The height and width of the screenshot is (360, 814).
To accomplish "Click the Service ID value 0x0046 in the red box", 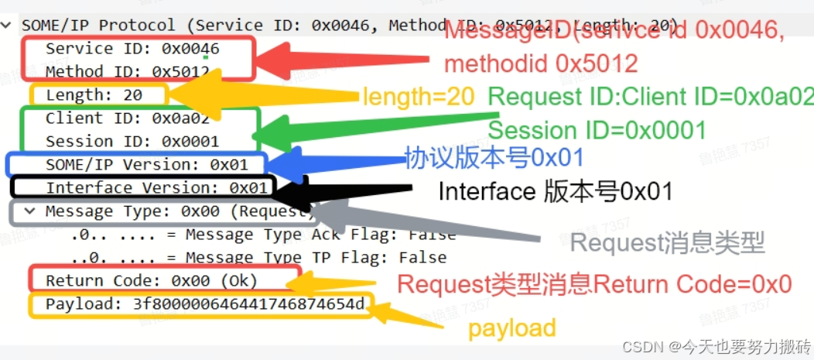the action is click(x=190, y=49).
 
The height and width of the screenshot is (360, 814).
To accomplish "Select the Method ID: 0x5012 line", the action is click(x=128, y=72).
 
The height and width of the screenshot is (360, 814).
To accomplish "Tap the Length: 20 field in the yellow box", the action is click(x=94, y=95).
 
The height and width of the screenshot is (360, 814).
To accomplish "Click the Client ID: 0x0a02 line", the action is click(x=128, y=118).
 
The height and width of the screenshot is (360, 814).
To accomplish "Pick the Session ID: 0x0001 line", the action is click(x=132, y=142).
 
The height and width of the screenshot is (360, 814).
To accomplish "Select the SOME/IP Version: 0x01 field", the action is click(x=146, y=165).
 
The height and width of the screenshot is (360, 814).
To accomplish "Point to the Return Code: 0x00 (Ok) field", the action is click(x=151, y=280).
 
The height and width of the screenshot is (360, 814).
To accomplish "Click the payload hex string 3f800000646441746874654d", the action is click(x=248, y=303).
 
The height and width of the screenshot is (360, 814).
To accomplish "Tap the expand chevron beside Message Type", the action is click(x=29, y=211).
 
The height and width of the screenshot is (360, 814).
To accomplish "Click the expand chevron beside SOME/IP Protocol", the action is click(x=7, y=26).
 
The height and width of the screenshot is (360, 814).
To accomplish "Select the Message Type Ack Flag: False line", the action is click(x=263, y=234).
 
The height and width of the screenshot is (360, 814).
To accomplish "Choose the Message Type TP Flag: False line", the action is click(x=258, y=257).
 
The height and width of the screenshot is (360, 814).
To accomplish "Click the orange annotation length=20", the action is click(x=418, y=98).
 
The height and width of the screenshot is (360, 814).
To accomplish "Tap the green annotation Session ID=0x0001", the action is click(x=597, y=130).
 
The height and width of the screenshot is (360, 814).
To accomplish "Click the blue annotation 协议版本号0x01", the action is click(x=494, y=159).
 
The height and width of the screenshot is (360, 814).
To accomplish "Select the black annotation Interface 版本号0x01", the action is click(x=555, y=191).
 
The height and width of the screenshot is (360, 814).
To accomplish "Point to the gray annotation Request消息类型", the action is click(x=667, y=244).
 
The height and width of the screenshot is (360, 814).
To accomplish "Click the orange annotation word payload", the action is click(x=511, y=327).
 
